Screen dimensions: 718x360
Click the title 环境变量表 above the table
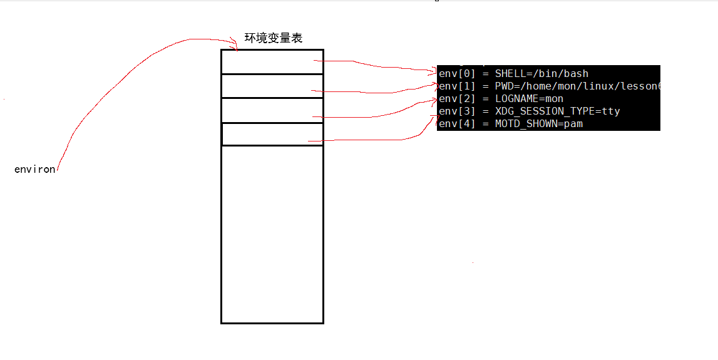pos(273,38)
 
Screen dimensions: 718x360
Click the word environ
pos(34,170)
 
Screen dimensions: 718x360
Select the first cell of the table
pos(272,62)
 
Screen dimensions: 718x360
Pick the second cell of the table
pos(272,86)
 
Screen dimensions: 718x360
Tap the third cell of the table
pos(272,110)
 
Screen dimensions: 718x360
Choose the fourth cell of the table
pos(272,134)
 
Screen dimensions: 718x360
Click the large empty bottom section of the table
pos(272,234)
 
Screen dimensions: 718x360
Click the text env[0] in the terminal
pos(457,74)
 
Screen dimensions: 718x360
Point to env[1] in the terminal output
pos(457,86)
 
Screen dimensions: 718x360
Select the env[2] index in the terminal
pos(457,99)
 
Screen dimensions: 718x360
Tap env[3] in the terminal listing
pos(457,111)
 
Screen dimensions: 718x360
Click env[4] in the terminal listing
pos(457,124)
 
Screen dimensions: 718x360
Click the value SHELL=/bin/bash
pos(541,74)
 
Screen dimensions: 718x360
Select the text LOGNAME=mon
pos(529,99)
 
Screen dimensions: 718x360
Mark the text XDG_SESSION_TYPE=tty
pos(557,111)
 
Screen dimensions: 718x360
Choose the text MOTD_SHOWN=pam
pos(539,124)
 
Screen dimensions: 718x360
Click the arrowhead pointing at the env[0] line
pos(433,72)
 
